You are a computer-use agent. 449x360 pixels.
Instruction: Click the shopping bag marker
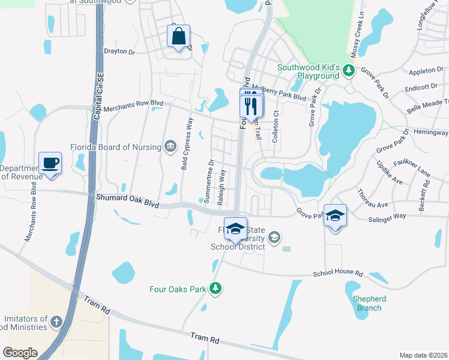pyautogui.click(x=178, y=37)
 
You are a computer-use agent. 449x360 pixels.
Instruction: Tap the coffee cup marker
pyautogui.click(x=50, y=163)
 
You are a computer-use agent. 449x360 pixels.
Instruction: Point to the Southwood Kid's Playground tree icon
pyautogui.click(x=348, y=71)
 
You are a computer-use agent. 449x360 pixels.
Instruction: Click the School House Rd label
pyautogui.click(x=339, y=274)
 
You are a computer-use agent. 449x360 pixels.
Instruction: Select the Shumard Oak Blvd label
pyautogui.click(x=127, y=200)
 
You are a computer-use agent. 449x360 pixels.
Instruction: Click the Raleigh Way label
pyautogui.click(x=222, y=187)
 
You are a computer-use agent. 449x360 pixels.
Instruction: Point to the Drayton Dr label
pyautogui.click(x=120, y=52)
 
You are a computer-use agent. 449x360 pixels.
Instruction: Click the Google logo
pyautogui.click(x=20, y=353)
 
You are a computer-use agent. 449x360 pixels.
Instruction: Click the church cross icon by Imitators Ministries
pyautogui.click(x=56, y=323)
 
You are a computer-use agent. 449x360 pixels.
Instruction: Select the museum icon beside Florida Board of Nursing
pyautogui.click(x=170, y=146)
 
